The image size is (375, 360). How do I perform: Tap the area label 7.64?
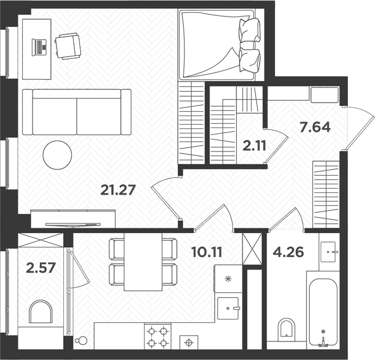pos(315,128)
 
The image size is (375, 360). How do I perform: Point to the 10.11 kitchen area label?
pos(208,252)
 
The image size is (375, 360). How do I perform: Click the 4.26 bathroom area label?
pos(288,252)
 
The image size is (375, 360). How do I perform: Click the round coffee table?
pos(57,155)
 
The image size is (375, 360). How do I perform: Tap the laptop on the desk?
pos(39,47)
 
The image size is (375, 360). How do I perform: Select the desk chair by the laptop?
pos(68,46)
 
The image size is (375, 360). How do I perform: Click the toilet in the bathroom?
pos(287,329)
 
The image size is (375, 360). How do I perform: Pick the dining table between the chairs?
pos(143,262)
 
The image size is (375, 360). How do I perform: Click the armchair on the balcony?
pos(41,312)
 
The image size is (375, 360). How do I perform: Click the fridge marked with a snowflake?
pos(228,279)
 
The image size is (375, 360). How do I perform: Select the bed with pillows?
pos(220,44)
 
